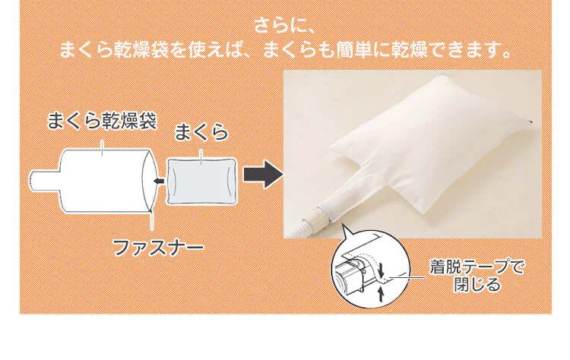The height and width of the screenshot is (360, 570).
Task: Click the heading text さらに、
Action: (x=285, y=26)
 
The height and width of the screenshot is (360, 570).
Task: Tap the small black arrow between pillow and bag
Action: (x=157, y=181)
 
